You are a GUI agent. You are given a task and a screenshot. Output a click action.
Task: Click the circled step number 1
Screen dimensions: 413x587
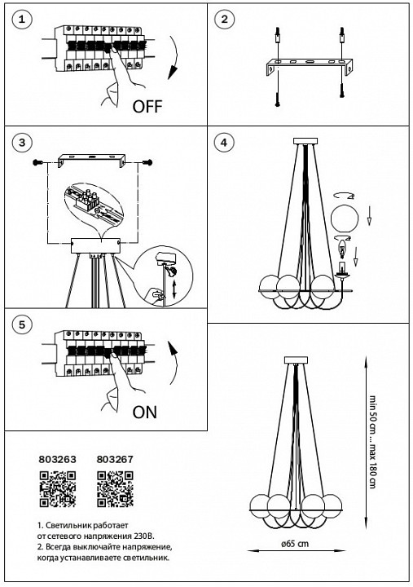[x=22, y=19]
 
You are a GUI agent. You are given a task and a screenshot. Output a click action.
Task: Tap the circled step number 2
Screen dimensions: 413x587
[x=224, y=19]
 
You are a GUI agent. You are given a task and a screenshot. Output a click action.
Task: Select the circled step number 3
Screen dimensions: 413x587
[x=22, y=142]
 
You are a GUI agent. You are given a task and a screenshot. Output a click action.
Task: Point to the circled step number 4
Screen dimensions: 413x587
[x=224, y=142]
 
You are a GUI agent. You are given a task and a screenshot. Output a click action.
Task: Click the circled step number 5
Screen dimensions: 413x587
[x=22, y=324]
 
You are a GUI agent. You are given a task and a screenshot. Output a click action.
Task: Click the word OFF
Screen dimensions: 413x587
[x=147, y=107]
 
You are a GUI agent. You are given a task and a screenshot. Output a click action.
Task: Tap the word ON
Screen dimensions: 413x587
[x=145, y=413]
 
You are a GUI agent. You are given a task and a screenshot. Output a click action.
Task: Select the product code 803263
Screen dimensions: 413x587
[x=57, y=459]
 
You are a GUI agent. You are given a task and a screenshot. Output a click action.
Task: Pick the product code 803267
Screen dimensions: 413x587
[x=115, y=459]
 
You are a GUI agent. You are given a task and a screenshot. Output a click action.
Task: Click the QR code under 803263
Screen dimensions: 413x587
[x=58, y=489]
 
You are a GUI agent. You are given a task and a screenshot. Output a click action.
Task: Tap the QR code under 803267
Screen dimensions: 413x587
[x=115, y=489]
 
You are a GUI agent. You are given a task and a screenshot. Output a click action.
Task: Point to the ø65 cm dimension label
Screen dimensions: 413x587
[x=296, y=544]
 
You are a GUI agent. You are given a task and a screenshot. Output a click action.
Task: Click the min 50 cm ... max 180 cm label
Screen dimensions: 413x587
[x=372, y=442]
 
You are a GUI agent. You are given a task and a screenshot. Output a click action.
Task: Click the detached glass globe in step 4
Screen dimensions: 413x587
[x=345, y=218]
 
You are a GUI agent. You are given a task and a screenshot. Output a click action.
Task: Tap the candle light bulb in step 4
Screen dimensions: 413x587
[x=342, y=249]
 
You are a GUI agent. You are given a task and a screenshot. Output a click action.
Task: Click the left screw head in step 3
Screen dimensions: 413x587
[x=37, y=162]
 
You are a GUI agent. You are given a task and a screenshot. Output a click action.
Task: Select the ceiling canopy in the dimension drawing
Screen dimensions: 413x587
[x=296, y=360]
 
